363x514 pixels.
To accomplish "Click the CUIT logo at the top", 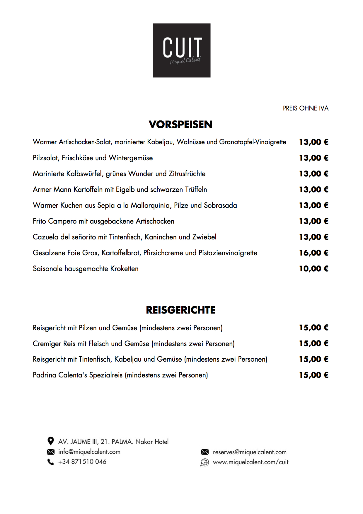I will [x=181, y=50].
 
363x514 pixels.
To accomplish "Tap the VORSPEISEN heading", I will [x=180, y=125].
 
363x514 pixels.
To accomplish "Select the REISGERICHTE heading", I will [x=180, y=310].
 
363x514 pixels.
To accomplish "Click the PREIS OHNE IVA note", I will [x=306, y=108].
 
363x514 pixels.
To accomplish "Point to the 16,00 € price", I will [x=313, y=253].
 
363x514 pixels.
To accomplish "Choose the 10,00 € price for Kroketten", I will [x=313, y=269].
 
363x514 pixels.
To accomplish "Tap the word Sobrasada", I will [x=220, y=205].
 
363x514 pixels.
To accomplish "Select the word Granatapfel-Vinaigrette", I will [x=253, y=142].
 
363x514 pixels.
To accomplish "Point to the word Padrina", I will [x=44, y=375].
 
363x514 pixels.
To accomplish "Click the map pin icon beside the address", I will [x=51, y=441].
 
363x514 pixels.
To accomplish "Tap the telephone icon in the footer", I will [x=51, y=462].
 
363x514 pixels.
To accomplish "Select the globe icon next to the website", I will [x=204, y=462].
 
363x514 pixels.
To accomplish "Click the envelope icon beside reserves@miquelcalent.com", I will [x=204, y=452].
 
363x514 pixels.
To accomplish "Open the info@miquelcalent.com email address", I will [x=89, y=452].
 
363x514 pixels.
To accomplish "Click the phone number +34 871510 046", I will [x=82, y=462].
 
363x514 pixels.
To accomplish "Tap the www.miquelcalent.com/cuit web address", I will [x=250, y=462].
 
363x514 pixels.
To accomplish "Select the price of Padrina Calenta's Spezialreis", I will [x=313, y=375].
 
